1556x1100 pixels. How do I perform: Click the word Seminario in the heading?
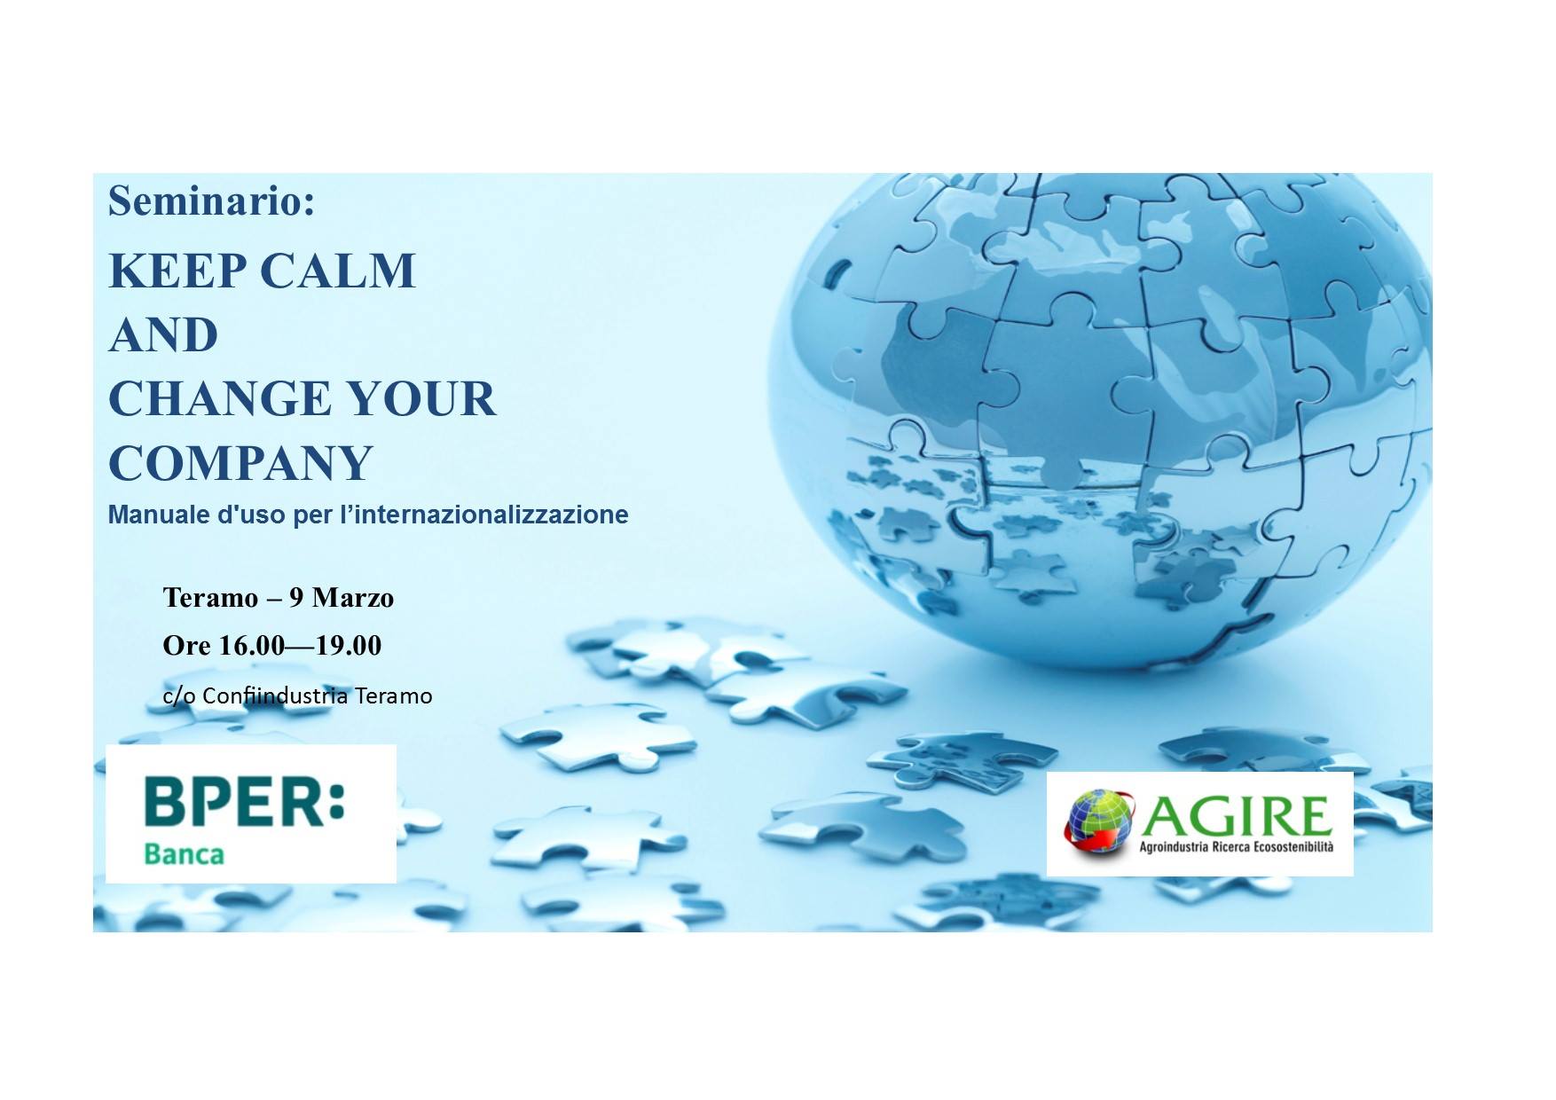pos(211,200)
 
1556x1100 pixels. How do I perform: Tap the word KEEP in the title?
pos(178,271)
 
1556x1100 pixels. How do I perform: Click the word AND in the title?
pos(163,334)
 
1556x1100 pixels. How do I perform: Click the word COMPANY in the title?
pos(240,462)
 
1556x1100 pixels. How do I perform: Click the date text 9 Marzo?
pos(342,598)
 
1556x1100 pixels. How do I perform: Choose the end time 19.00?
pos(349,645)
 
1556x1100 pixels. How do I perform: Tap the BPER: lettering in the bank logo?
pos(244,801)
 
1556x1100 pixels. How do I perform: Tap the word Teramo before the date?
pos(210,598)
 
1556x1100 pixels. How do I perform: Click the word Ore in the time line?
pos(187,645)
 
